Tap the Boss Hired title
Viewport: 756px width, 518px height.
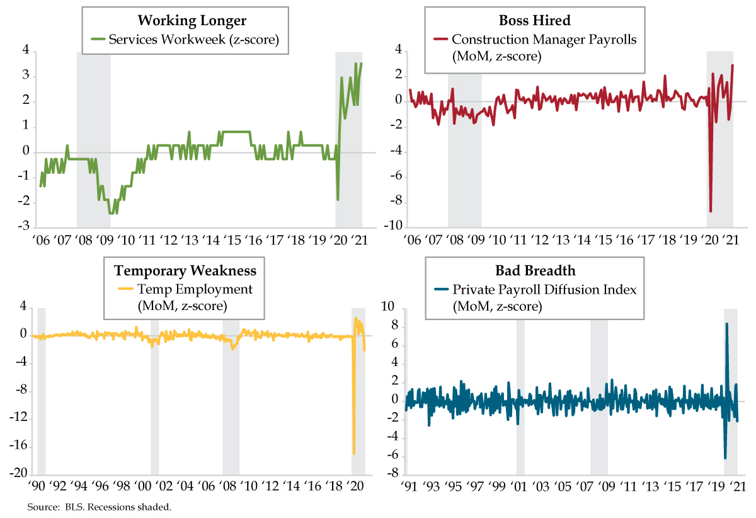534,20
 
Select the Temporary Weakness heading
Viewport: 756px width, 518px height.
185,270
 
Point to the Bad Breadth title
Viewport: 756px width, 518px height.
534,270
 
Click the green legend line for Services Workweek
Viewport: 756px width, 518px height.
97,39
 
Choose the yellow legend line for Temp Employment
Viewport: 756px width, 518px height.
126,289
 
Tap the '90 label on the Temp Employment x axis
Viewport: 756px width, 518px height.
37,486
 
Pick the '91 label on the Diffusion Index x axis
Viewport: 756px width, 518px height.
409,486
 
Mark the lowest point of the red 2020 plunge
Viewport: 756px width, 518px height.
711,211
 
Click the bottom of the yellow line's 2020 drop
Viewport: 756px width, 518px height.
354,453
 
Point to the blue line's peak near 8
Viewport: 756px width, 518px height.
726,324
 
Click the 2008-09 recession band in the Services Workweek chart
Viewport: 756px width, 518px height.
93,139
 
